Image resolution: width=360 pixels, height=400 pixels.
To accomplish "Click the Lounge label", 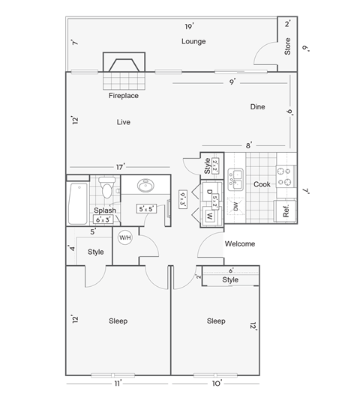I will [193, 42].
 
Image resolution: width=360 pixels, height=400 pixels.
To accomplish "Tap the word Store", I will [286, 46].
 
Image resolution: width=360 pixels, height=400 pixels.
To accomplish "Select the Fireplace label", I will [124, 96].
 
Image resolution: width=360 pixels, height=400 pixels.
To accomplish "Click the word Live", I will [124, 121].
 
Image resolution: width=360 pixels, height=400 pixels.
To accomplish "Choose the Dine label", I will [257, 107].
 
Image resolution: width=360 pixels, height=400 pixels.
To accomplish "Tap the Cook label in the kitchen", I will [261, 184].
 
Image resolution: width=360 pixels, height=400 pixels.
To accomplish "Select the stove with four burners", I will [285, 176].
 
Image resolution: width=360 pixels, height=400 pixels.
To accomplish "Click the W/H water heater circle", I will [124, 238].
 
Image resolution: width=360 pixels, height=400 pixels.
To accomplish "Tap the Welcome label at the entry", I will [240, 243].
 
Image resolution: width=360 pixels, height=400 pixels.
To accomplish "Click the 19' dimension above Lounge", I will [189, 27].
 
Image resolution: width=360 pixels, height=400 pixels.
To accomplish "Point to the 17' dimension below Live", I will [120, 166].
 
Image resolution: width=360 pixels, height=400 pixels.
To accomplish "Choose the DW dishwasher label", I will [235, 207].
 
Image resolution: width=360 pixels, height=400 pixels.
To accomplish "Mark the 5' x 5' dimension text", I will [146, 209].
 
